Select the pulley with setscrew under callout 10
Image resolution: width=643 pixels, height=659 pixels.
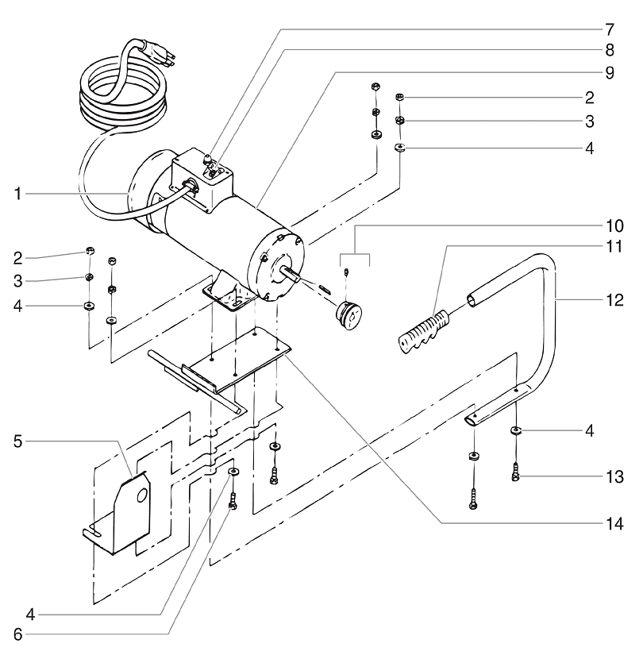click(349, 313)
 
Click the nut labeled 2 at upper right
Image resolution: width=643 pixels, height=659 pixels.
click(401, 98)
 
